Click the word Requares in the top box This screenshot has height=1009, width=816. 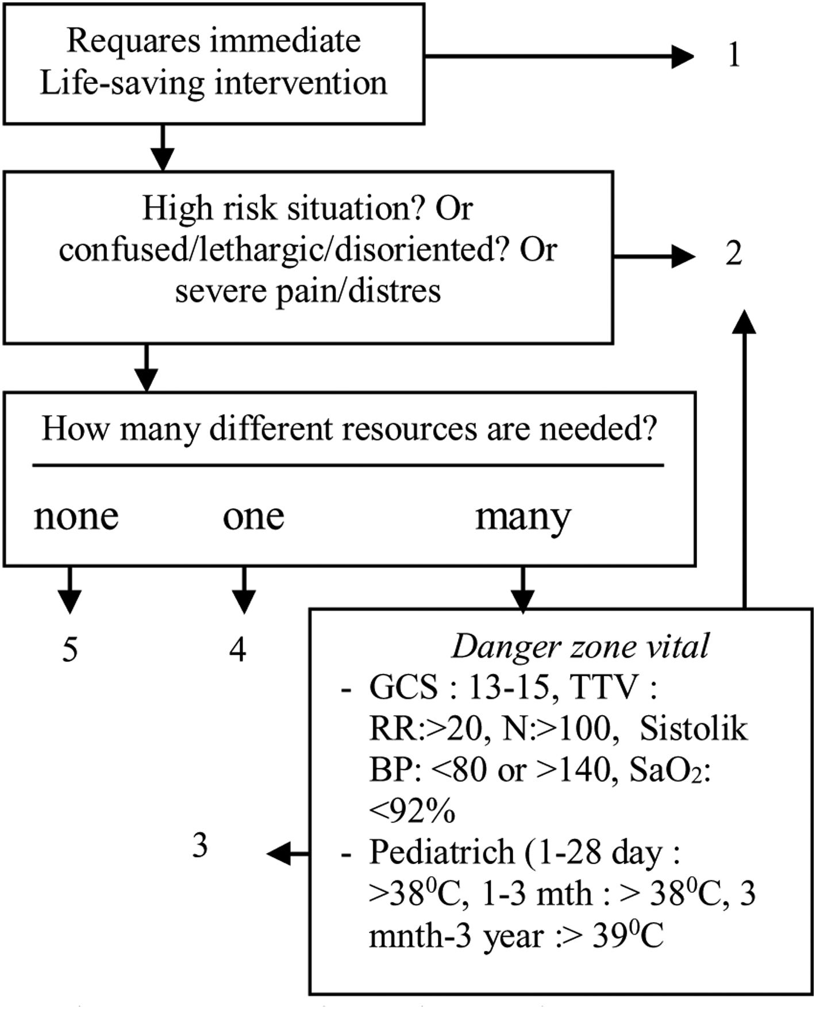(x=133, y=41)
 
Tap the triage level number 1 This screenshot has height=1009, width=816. (x=734, y=56)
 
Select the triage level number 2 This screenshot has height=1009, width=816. (x=733, y=254)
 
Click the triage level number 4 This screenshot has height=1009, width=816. (x=237, y=650)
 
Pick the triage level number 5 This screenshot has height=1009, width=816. (x=70, y=650)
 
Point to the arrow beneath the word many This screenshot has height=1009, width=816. (x=522, y=591)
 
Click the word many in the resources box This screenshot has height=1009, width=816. (x=523, y=517)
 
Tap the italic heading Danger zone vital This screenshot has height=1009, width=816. (x=580, y=647)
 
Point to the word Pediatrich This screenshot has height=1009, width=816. (x=442, y=852)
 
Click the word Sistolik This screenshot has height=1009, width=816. (x=694, y=729)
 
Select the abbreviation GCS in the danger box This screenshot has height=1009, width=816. (x=403, y=688)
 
